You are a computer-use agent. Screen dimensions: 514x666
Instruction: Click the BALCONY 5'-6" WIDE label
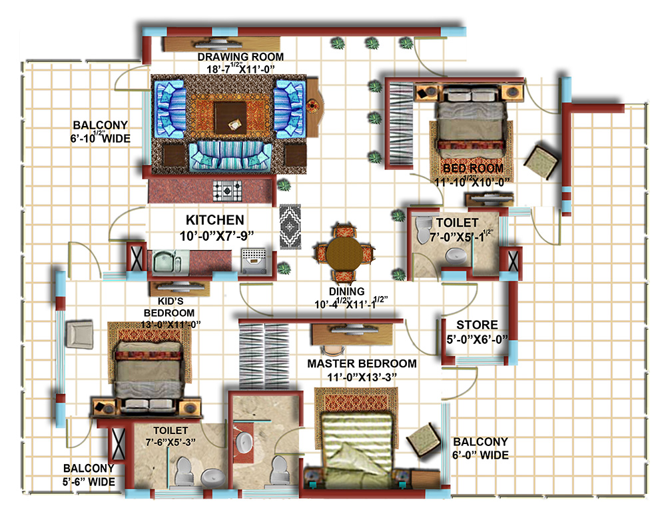[89, 475]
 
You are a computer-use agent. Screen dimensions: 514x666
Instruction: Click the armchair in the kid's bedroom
[81, 333]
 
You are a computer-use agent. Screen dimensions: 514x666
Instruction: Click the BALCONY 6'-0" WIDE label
[480, 448]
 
